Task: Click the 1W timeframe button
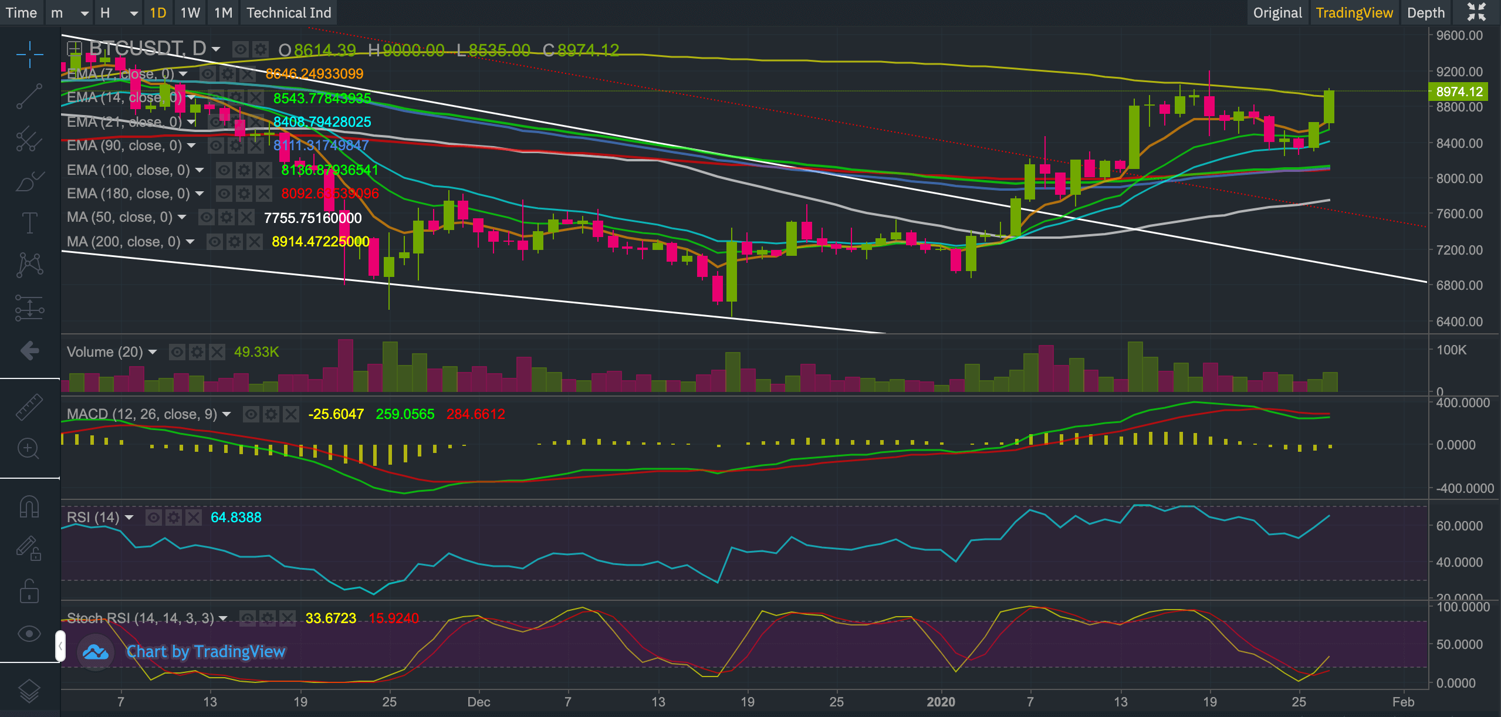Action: point(190,13)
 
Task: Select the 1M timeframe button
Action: point(223,13)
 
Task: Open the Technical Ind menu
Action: point(289,13)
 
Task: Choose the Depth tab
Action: point(1425,13)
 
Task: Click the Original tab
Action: point(1277,13)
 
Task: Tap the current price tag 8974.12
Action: point(1459,92)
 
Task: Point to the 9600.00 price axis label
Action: point(1459,36)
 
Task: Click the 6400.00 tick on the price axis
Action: point(1459,322)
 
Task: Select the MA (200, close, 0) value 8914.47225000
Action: point(320,242)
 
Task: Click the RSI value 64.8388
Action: point(236,518)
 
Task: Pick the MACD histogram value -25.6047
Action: point(336,414)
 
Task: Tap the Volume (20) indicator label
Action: point(105,352)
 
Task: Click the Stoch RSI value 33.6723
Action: point(331,618)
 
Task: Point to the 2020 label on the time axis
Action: point(941,702)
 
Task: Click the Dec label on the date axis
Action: point(479,702)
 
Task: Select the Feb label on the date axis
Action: point(1403,702)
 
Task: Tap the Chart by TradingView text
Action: point(206,652)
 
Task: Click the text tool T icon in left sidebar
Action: point(29,223)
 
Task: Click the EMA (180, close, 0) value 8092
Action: point(330,194)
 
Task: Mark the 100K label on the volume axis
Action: point(1451,350)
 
